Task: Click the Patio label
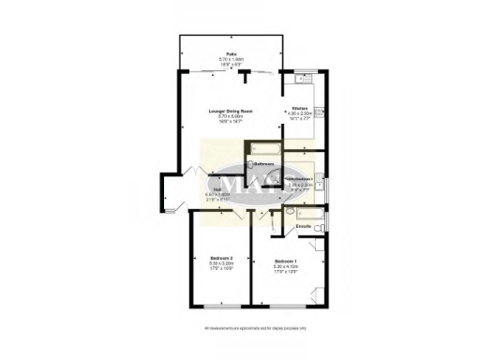tap(231, 54)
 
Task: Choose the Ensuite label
tap(303, 228)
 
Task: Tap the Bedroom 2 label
tap(220, 258)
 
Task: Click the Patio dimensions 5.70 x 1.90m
tap(231, 60)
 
